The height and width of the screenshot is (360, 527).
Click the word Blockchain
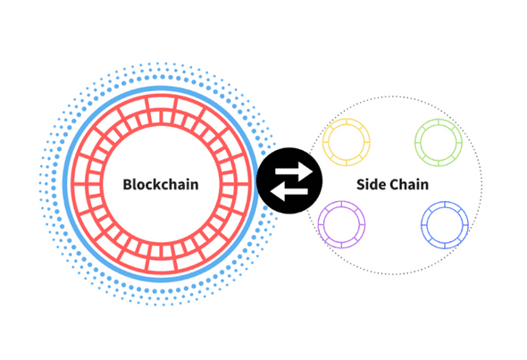(x=160, y=184)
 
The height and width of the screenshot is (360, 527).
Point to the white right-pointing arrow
(x=292, y=170)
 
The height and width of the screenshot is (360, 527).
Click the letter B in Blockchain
(x=129, y=184)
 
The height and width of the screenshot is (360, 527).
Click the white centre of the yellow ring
(x=347, y=143)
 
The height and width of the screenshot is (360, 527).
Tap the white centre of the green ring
(x=438, y=141)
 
